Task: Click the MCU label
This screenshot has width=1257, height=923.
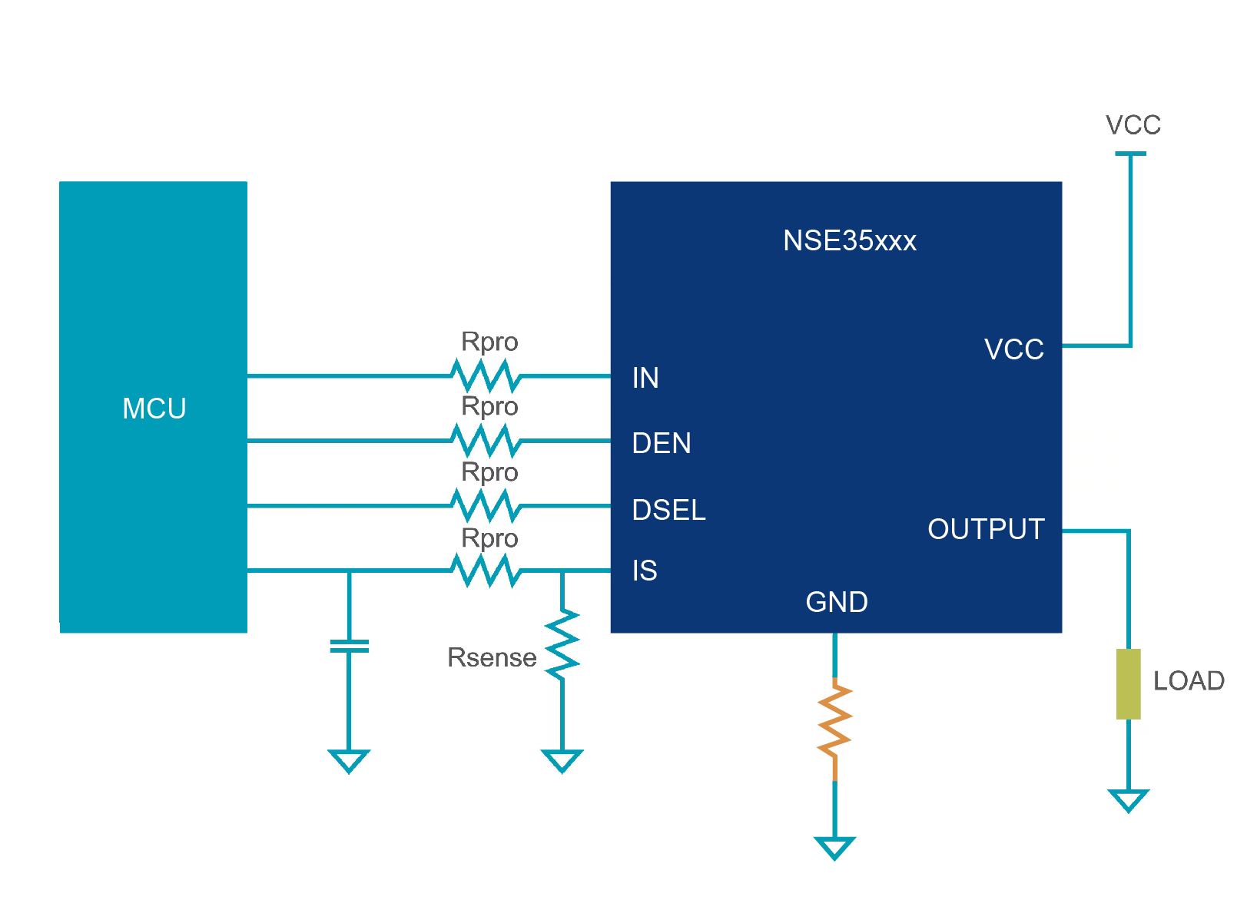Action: tap(154, 409)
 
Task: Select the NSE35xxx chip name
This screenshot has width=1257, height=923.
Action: tap(849, 241)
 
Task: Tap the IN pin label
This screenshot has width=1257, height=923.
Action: tap(645, 378)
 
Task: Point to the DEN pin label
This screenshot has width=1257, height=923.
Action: tap(662, 443)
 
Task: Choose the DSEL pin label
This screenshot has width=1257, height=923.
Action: tap(668, 510)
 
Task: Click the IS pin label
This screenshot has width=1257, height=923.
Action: tap(645, 571)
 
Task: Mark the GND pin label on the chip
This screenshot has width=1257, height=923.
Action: tap(837, 602)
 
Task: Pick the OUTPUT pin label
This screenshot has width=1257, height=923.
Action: tap(986, 529)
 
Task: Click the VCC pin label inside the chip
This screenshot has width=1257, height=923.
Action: tap(1013, 349)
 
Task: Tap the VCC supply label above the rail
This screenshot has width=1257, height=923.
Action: tap(1133, 125)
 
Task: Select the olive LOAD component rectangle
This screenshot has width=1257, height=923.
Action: tap(1128, 683)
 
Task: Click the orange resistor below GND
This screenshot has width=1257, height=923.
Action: tap(834, 729)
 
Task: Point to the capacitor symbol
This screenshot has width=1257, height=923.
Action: tap(349, 646)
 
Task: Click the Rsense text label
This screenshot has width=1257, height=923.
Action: tap(492, 658)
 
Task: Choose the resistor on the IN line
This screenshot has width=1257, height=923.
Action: tap(486, 376)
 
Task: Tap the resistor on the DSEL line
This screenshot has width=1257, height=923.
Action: tap(486, 506)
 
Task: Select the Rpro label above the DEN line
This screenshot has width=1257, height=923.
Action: tap(489, 406)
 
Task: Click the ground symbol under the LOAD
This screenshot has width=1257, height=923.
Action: tap(1128, 800)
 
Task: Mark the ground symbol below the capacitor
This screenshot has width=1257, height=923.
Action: tap(349, 761)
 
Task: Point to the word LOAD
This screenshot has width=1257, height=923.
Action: tap(1189, 681)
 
